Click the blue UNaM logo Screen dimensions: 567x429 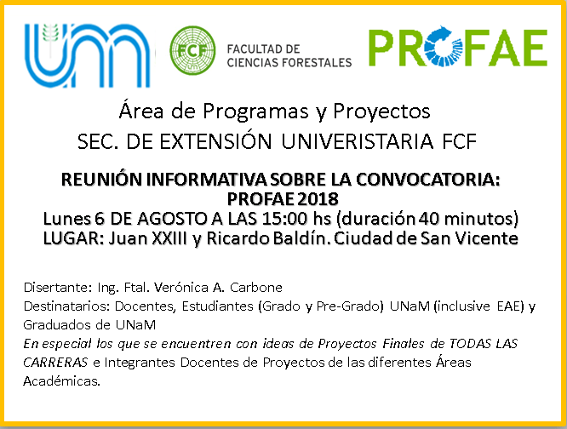[x=87, y=55]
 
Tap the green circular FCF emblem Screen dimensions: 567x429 [x=192, y=50]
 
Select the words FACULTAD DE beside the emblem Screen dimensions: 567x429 [x=263, y=49]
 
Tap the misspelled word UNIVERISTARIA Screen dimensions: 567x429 [x=358, y=141]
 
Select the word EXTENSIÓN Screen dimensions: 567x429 [x=215, y=140]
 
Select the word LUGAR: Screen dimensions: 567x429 [x=74, y=238]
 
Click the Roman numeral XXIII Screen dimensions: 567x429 [x=170, y=238]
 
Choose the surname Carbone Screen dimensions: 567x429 [x=256, y=288]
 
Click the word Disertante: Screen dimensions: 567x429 [x=58, y=288]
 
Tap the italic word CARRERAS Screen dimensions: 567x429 [x=55, y=362]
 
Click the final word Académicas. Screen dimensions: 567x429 [x=62, y=381]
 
